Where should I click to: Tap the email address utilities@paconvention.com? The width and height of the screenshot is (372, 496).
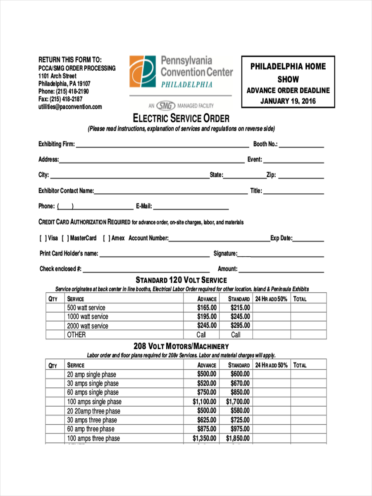(70, 107)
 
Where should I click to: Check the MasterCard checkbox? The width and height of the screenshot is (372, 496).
(65, 238)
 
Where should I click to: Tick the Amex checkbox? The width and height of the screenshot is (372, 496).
(107, 238)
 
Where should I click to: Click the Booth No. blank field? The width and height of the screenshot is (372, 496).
(301, 144)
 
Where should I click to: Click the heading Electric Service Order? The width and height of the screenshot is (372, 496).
(181, 119)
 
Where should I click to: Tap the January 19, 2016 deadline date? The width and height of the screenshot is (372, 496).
(288, 101)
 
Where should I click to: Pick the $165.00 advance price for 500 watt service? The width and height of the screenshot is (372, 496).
(207, 308)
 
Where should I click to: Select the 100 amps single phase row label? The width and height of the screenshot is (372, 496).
(94, 402)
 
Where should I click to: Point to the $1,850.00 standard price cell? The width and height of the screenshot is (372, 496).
(238, 438)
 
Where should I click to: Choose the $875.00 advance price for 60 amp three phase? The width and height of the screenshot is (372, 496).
(207, 429)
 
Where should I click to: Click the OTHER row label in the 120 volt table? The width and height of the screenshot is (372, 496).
(76, 335)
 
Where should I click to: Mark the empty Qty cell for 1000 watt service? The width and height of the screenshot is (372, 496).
(55, 317)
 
